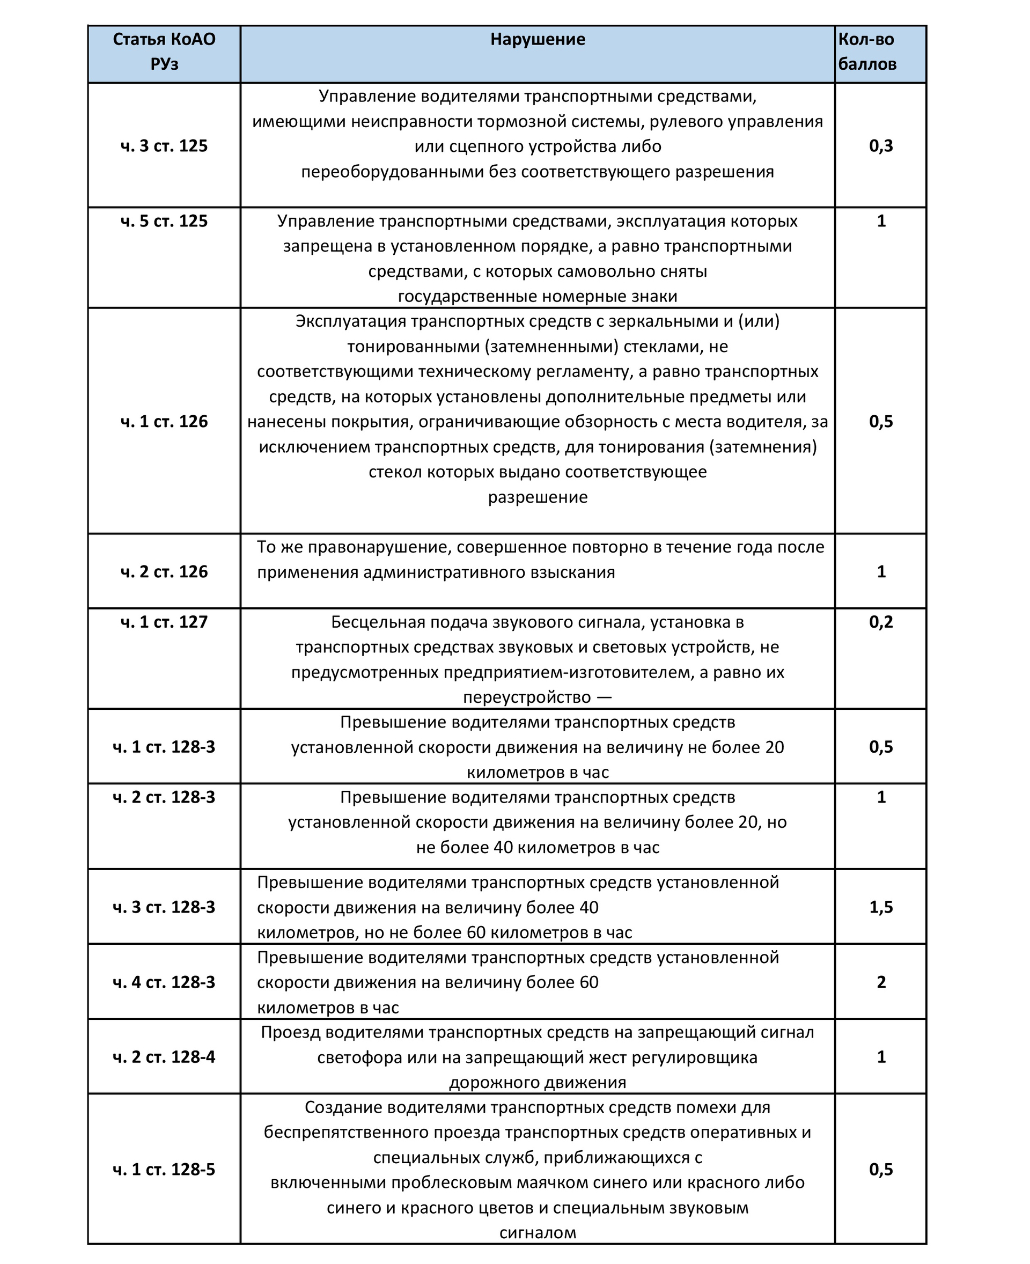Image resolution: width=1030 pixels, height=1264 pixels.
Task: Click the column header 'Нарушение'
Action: (x=537, y=40)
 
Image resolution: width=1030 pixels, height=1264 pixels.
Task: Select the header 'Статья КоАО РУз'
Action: (x=164, y=52)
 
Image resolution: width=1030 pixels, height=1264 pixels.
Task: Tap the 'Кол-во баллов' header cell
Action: (x=867, y=52)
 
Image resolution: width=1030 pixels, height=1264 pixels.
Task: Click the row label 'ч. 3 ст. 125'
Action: (x=164, y=146)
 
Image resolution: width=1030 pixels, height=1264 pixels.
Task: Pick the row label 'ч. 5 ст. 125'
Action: (x=164, y=222)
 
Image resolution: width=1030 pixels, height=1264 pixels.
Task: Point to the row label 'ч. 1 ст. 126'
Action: (x=164, y=421)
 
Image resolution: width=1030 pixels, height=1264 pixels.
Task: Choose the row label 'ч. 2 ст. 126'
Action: (x=164, y=571)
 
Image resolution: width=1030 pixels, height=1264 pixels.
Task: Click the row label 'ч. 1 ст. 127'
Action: (x=164, y=622)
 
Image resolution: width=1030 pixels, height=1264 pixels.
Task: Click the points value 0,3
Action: (x=881, y=146)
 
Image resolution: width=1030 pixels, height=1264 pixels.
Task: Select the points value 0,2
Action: (x=881, y=622)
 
